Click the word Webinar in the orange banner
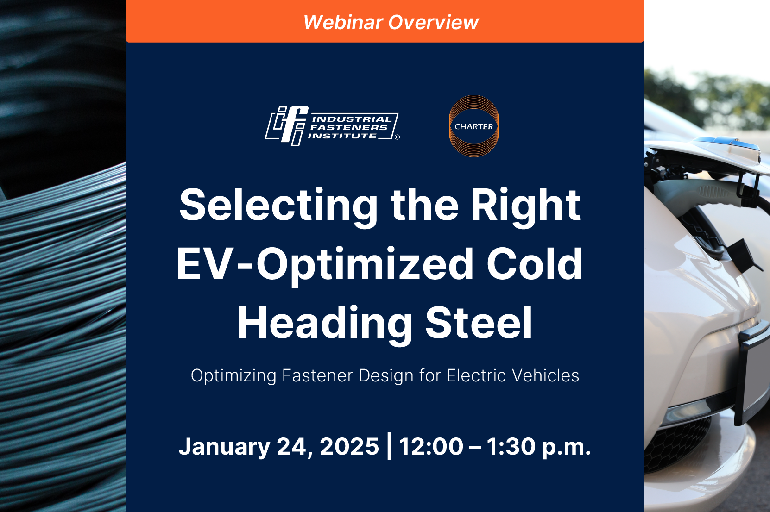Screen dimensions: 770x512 point(343,22)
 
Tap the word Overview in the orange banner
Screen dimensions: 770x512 point(434,22)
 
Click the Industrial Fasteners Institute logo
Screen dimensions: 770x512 point(332,126)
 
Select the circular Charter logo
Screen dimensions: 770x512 point(473,126)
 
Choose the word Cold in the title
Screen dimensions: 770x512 point(535,264)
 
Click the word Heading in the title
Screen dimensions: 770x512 point(324,325)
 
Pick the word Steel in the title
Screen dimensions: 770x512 point(479,323)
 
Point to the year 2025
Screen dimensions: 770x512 point(349,446)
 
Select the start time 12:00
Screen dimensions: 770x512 point(431,446)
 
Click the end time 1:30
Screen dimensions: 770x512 point(511,446)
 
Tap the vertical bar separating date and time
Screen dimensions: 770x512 point(389,446)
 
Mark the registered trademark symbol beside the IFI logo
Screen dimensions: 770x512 point(397,137)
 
